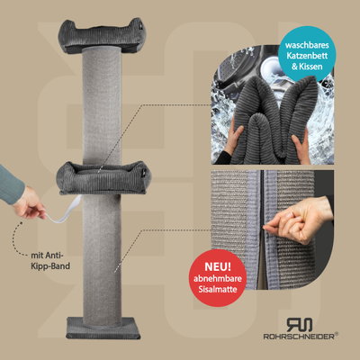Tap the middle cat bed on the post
point(103,177)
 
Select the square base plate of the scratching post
point(103,328)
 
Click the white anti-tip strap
point(64,211)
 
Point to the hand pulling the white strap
point(29,203)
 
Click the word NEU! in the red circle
point(218,266)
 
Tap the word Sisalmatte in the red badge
point(218,290)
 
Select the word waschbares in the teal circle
point(307,45)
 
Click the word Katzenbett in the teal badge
point(307,56)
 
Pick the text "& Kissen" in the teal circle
point(307,67)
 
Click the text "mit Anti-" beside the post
point(49,256)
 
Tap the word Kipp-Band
point(50,266)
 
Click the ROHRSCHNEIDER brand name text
point(299,337)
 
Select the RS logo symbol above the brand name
point(299,324)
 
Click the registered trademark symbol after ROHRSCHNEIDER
point(337,333)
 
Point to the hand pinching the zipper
point(299,219)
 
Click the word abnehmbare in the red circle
point(218,279)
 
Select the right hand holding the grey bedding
point(300,147)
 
